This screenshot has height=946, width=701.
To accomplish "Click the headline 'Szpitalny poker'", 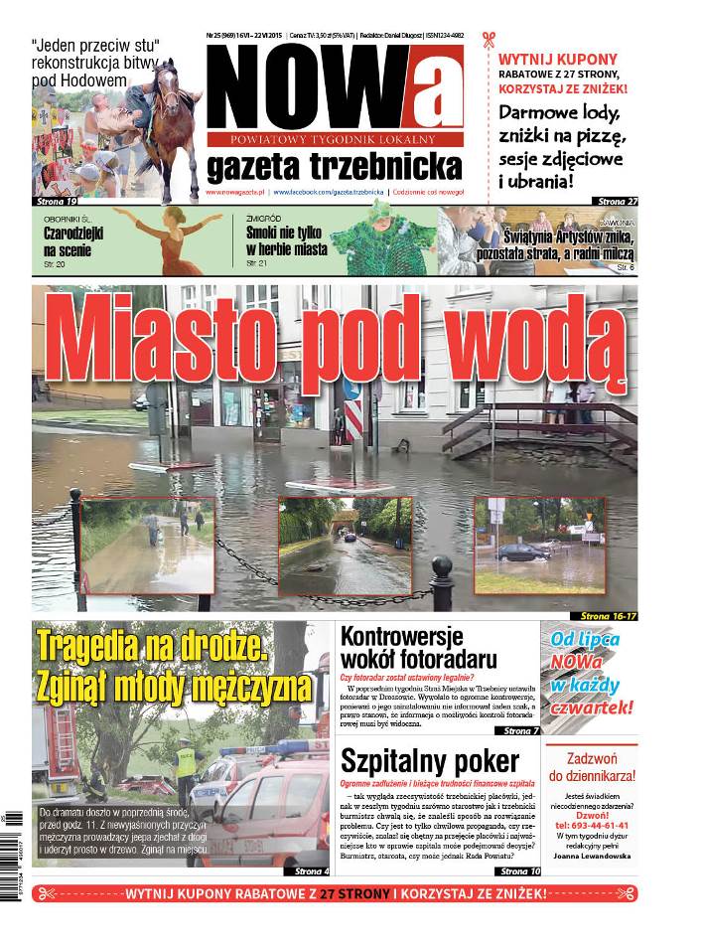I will point(429,762).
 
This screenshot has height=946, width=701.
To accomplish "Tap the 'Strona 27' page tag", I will point(618,201).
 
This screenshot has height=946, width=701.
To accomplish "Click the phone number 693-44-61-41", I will point(592,825).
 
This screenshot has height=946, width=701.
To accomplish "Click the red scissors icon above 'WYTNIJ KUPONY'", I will point(488,42).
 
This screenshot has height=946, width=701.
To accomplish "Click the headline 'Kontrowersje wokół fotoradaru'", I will point(419,647).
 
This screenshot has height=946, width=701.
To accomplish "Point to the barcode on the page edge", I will point(13,835).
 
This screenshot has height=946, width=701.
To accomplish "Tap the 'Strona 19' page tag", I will point(56,202).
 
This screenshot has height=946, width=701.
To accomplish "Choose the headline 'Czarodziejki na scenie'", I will point(74,241).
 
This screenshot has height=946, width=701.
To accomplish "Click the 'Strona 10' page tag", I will point(520,870).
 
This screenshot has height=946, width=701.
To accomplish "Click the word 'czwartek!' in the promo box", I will point(593,708).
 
